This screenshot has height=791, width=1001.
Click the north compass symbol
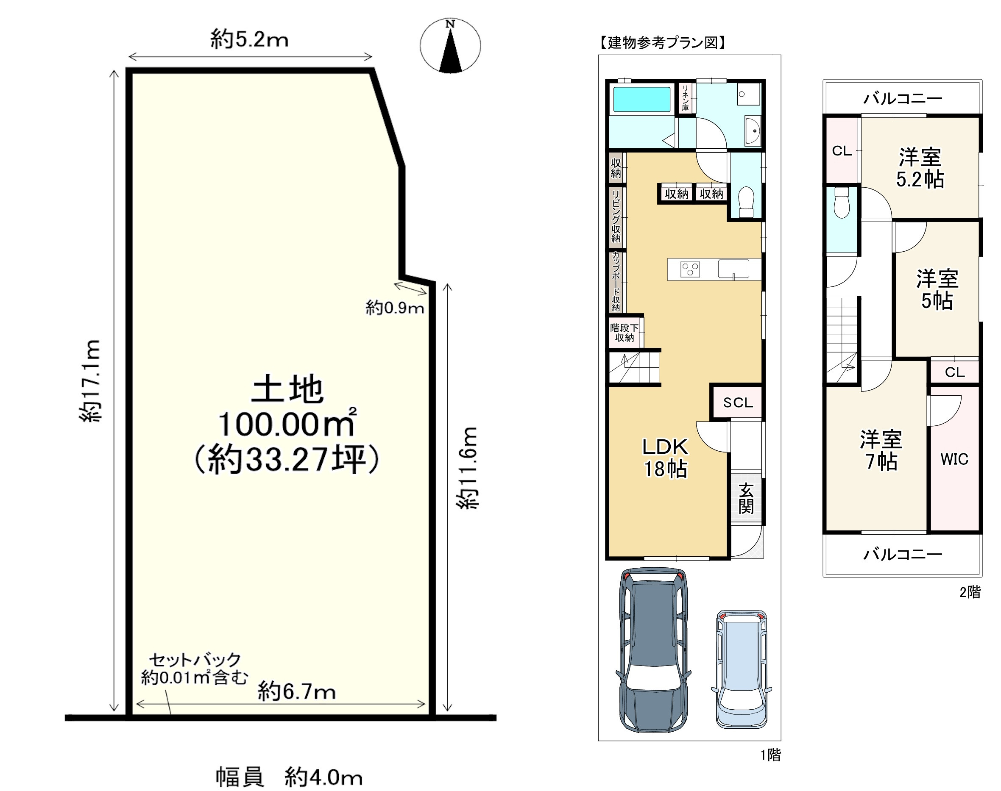(x=450, y=45)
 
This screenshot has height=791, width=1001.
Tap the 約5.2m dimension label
(x=249, y=39)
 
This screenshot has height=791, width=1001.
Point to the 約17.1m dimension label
(x=89, y=380)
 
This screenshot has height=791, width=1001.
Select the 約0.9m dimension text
(x=395, y=308)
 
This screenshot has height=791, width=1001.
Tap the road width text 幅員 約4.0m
(x=289, y=777)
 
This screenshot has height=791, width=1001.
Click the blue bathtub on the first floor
(x=642, y=100)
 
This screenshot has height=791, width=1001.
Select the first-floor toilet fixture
(x=746, y=202)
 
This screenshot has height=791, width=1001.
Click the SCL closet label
(x=738, y=402)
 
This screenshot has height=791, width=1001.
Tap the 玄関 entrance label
(x=746, y=498)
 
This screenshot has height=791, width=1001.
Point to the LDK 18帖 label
(x=666, y=458)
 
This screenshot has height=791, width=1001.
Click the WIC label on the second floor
(x=954, y=459)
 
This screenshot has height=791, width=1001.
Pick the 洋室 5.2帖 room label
(x=920, y=168)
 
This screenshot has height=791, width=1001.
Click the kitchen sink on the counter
(x=733, y=269)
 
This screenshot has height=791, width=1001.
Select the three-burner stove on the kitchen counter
(x=690, y=269)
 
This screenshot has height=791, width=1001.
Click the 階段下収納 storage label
(x=624, y=333)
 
